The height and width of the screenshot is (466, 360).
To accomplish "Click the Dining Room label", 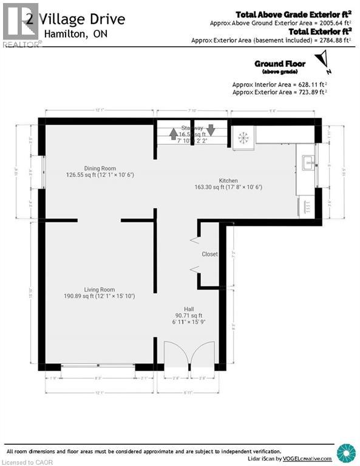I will [100, 169].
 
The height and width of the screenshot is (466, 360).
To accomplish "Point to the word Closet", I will [210, 254].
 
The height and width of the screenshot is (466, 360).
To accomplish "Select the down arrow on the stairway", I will [211, 129].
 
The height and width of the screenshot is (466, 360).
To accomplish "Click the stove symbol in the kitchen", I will [243, 138].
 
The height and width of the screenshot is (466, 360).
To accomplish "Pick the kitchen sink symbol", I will [307, 162].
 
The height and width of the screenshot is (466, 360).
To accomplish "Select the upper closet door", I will [195, 240].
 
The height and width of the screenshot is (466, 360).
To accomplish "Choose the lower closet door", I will [195, 269].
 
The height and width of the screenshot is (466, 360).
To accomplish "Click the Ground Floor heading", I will [280, 63].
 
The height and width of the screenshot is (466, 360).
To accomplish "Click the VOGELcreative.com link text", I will [309, 459].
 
